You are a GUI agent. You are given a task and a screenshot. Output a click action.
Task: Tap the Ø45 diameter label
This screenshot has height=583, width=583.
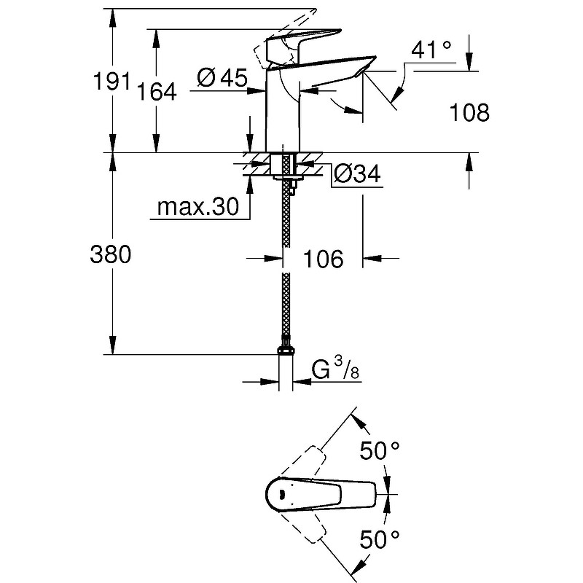click(x=222, y=77)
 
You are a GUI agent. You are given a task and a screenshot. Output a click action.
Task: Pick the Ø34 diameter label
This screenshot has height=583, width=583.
click(x=357, y=173)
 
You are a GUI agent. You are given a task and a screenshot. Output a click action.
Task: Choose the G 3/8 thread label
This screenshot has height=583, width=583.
click(x=335, y=369)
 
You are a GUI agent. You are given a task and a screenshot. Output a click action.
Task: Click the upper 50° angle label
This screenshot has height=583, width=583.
click(x=380, y=452)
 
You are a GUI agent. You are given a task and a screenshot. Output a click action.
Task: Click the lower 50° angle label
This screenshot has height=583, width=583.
click(x=380, y=541)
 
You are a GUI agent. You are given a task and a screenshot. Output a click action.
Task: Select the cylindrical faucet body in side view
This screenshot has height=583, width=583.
click(x=284, y=117)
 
